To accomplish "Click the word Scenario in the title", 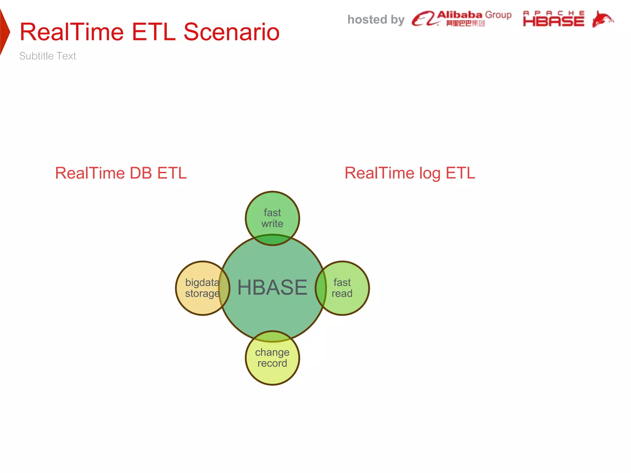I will (x=231, y=32).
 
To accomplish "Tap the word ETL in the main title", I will (x=153, y=32).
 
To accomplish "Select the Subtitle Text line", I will (x=47, y=56).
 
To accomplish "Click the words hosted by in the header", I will (x=376, y=20).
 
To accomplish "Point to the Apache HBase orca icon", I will (x=602, y=19).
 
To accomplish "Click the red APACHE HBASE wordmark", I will (x=553, y=19).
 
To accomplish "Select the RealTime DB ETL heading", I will (x=121, y=173).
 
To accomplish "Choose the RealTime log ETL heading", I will (x=410, y=173).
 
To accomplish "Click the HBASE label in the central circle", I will (x=272, y=288).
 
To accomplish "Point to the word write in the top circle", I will (x=272, y=224).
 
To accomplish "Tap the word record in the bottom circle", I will (x=272, y=363).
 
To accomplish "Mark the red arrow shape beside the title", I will (x=4, y=32).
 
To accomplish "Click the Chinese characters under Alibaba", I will (x=465, y=23).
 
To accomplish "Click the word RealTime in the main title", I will (x=71, y=32).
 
